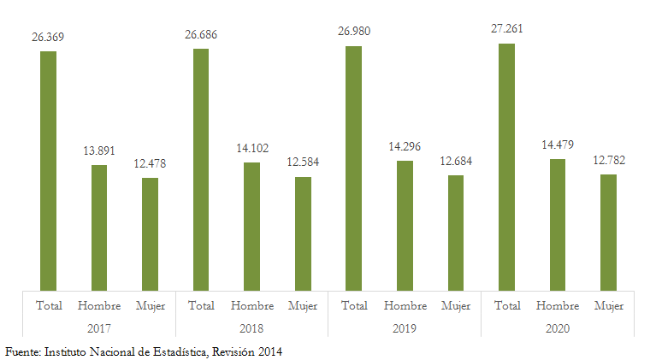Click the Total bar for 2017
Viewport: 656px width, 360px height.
tap(48, 170)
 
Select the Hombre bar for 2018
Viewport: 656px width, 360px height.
tap(251, 226)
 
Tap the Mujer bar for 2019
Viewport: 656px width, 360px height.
tap(456, 233)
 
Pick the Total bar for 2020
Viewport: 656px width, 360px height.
tap(507, 167)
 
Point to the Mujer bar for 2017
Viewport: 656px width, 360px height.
tap(150, 233)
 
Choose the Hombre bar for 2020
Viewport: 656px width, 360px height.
tap(558, 224)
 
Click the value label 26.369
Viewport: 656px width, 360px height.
tap(48, 37)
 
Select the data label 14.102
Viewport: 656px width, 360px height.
tap(251, 148)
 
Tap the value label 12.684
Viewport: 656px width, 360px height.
tap(456, 162)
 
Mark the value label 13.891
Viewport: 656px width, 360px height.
tap(99, 150)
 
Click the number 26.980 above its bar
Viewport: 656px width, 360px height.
tap(354, 32)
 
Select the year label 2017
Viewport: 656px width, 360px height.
tap(99, 328)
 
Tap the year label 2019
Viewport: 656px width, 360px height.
tap(405, 328)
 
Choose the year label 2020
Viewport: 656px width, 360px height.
tap(558, 328)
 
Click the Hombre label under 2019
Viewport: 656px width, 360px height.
tap(405, 305)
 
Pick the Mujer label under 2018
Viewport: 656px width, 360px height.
tap(303, 305)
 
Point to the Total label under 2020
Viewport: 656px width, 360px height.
tap(507, 305)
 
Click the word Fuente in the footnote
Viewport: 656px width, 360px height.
tap(21, 351)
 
